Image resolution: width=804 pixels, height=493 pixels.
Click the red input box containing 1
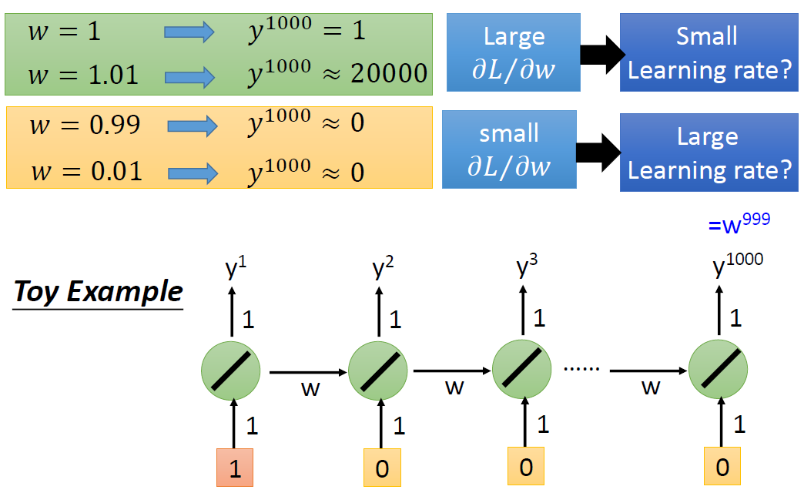point(234,468)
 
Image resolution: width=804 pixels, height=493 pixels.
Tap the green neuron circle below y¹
point(231,371)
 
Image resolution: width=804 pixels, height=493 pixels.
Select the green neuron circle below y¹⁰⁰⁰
point(718,369)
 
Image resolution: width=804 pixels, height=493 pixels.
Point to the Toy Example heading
point(98,292)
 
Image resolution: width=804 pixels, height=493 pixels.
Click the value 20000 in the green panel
point(389,73)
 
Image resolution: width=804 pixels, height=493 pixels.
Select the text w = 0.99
point(85,125)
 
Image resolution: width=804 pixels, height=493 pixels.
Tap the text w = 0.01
point(86,171)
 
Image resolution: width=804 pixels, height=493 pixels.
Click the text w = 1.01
point(83,75)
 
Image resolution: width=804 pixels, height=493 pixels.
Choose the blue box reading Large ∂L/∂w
point(513,52)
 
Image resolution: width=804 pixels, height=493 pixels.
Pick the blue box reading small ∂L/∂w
point(509,149)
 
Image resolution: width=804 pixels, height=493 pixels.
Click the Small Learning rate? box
point(709,52)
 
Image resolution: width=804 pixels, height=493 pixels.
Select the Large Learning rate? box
point(709,153)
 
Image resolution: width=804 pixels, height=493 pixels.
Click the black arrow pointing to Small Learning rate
point(602,55)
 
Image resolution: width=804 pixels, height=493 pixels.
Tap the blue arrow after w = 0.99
point(193,126)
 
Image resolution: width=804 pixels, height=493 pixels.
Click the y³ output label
point(527,266)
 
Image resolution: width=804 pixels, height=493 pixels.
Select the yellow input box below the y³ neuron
point(525,466)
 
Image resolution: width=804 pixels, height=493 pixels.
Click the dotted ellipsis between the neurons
point(581,369)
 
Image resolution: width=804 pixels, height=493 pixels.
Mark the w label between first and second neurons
point(310,388)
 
